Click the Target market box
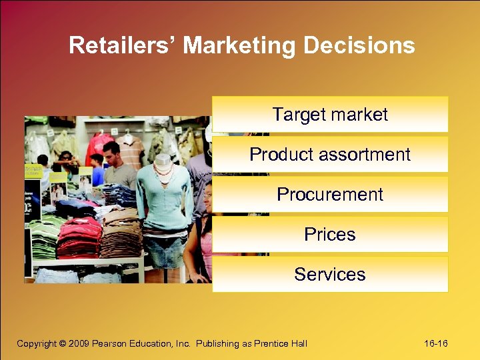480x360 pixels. [330, 114]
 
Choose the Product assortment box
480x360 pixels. [330, 154]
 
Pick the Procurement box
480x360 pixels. [330, 194]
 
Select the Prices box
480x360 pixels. [330, 234]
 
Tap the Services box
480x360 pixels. [330, 274]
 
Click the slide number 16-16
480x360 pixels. [435, 343]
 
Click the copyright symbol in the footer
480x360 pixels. [63, 343]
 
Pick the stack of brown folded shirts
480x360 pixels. [120, 233]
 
